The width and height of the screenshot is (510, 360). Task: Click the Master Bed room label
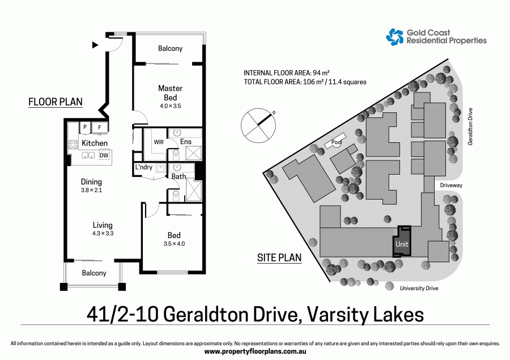pos(170,93)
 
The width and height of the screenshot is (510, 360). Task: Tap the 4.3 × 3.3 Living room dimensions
pos(103,233)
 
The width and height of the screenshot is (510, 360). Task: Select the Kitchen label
pos(95,143)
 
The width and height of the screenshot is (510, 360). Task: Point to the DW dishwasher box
pos(104,155)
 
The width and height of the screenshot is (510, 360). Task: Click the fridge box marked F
pos(100,128)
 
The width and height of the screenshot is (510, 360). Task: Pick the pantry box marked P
pos(84,128)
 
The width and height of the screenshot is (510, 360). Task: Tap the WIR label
pos(159,142)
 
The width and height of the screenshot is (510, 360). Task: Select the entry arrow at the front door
pos(95,44)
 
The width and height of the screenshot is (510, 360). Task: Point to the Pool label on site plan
pos(336,143)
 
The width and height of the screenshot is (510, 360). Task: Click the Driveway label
pos(451,185)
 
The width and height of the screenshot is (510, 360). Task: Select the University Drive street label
pos(419,288)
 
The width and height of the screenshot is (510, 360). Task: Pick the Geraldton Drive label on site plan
pos(470,126)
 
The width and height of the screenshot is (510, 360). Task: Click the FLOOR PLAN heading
pos(56,102)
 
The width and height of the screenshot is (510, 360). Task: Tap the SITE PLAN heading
pos(279,257)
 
